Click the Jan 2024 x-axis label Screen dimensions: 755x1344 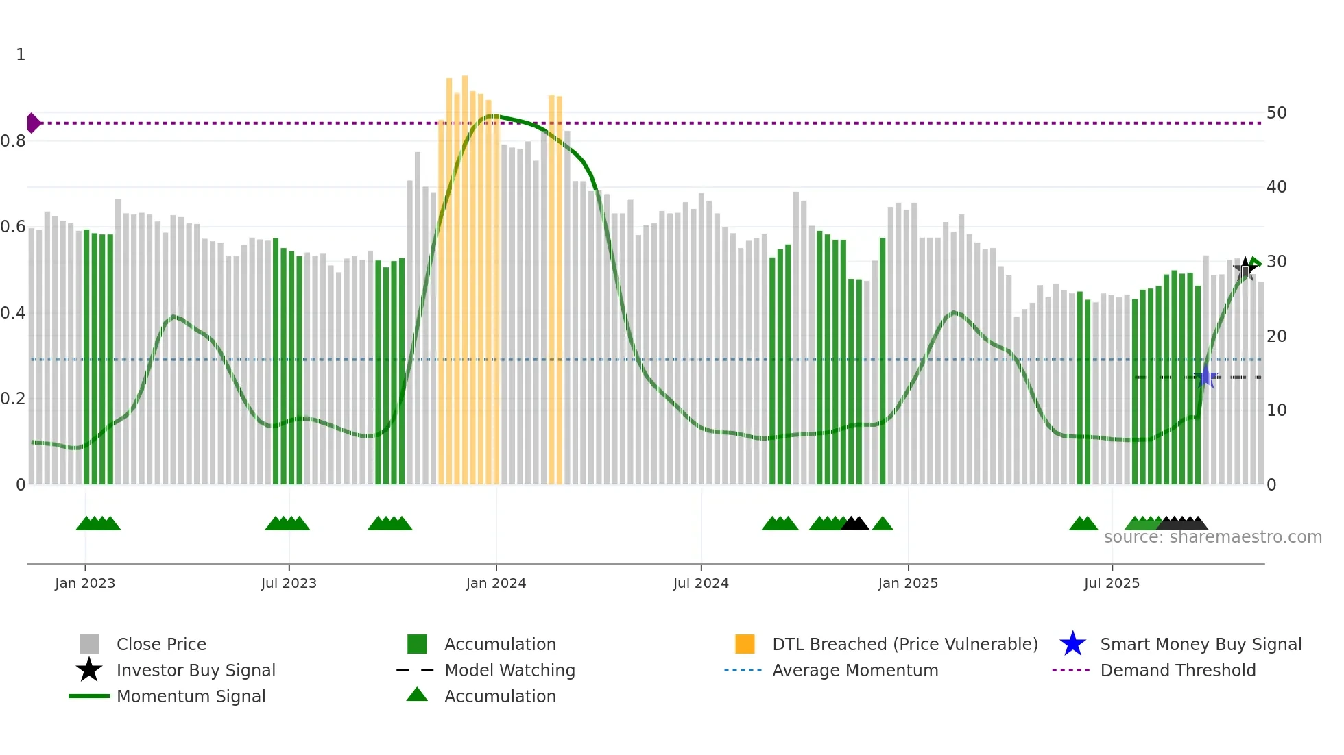pos(496,583)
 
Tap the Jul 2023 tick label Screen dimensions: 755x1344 pos(289,583)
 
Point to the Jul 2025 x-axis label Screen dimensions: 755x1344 pos(1112,583)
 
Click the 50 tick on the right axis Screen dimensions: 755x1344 pos(1276,113)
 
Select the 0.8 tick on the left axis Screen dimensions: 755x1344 pos(13,141)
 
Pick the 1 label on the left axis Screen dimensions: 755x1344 pos(21,55)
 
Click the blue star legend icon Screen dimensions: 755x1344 pos(1072,644)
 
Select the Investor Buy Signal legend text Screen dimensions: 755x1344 pos(196,670)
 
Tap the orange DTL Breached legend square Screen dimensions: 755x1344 pos(745,644)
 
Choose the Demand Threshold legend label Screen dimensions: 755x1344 pos(1177,670)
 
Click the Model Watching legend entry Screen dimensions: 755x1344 pos(509,670)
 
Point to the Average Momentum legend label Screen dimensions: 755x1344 pos(855,670)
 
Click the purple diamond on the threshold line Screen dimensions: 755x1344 pos(33,123)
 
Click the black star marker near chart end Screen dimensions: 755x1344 pos(1245,268)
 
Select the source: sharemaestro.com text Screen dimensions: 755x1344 pos(1212,537)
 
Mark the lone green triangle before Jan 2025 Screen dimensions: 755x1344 pos(883,524)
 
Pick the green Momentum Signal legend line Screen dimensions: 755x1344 pos(89,696)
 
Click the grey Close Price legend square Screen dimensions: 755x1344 pos(89,644)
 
